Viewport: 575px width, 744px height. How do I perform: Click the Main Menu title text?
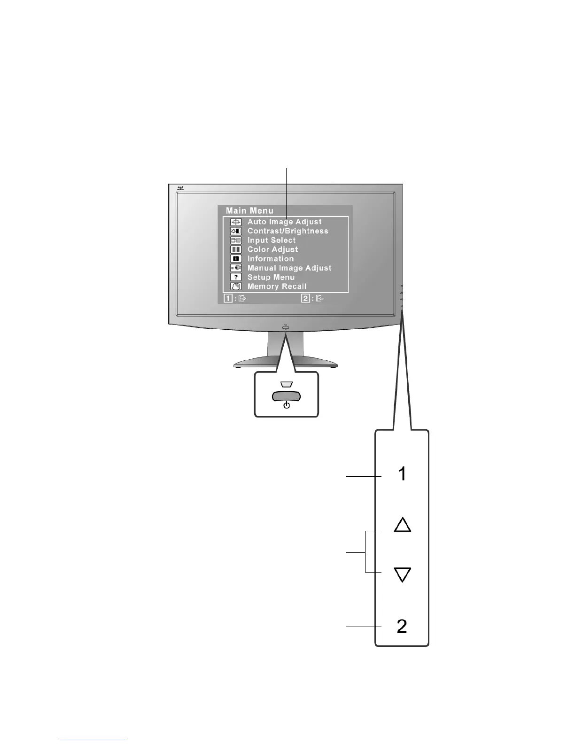click(249, 211)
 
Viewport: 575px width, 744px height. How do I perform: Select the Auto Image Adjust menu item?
click(284, 222)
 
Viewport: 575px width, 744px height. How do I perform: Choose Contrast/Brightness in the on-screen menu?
click(287, 231)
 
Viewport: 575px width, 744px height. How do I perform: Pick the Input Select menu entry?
click(272, 240)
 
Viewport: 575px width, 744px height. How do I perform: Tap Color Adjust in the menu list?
click(272, 249)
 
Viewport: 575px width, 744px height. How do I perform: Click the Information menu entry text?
click(271, 259)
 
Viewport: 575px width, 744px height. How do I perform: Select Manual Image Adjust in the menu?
click(289, 268)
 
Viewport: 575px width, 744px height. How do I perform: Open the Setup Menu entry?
click(271, 277)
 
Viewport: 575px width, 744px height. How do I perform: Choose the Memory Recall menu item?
click(277, 287)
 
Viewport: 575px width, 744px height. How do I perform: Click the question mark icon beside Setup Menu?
click(236, 277)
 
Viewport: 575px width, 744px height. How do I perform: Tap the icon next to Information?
click(236, 259)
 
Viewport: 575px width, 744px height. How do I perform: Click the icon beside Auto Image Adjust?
click(236, 222)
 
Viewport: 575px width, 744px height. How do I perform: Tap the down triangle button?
click(402, 574)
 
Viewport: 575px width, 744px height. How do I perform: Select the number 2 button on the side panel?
click(402, 626)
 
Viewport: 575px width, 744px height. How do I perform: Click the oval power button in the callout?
click(286, 396)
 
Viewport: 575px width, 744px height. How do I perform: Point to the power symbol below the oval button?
click(286, 405)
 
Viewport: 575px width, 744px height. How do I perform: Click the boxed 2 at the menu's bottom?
click(305, 298)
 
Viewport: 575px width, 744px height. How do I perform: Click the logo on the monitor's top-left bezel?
click(181, 188)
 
